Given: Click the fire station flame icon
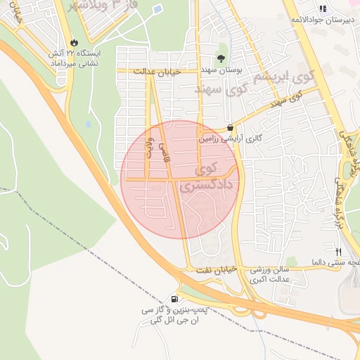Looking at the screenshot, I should (75, 42).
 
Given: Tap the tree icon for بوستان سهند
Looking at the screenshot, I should (222, 59).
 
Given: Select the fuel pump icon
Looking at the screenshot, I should (174, 298).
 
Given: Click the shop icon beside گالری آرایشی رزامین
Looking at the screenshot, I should (230, 127).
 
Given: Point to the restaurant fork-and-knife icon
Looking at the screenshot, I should (339, 251).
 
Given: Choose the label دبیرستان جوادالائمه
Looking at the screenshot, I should (323, 20).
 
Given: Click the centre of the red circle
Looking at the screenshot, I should (180, 179).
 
